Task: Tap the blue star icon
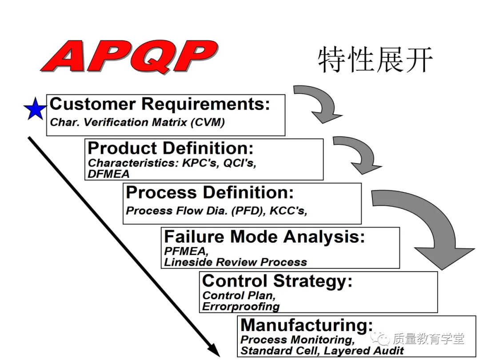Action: [x=35, y=109]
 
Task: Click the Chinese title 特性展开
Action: [x=375, y=60]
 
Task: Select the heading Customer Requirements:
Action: [x=160, y=104]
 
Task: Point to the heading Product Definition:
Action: [x=171, y=148]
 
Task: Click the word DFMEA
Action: [x=108, y=174]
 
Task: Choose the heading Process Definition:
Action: [x=210, y=192]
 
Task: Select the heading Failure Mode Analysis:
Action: [x=264, y=236]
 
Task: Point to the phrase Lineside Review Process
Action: [x=235, y=262]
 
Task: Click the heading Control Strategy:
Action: [x=277, y=281]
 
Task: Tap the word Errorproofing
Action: [x=240, y=306]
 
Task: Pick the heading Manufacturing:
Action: [x=307, y=325]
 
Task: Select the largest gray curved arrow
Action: [x=427, y=222]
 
